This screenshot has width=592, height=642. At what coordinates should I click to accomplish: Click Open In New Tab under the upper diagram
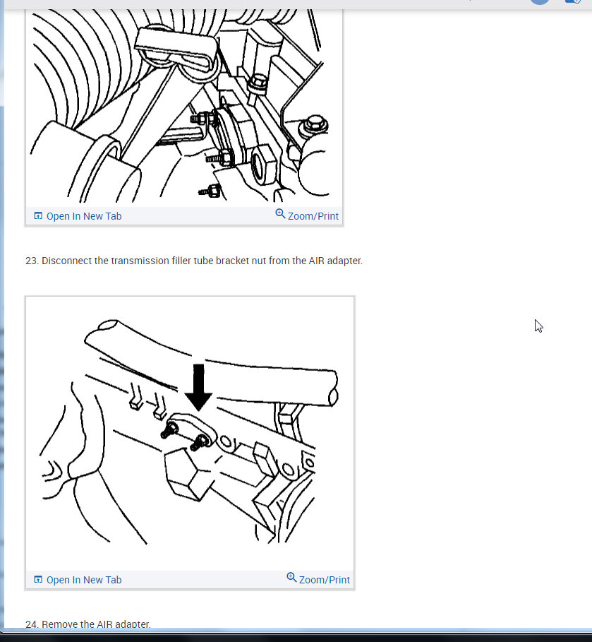pyautogui.click(x=83, y=216)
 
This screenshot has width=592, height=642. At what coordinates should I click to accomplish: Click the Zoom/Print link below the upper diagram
pyautogui.click(x=313, y=216)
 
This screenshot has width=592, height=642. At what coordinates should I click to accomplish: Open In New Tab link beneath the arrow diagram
pyautogui.click(x=83, y=580)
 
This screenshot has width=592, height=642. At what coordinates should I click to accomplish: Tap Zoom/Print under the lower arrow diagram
pyautogui.click(x=324, y=580)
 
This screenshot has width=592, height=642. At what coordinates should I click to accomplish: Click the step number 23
pyautogui.click(x=31, y=261)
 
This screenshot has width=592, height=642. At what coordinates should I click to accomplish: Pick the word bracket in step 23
pyautogui.click(x=235, y=261)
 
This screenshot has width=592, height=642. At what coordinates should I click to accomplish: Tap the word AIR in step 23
pyautogui.click(x=317, y=261)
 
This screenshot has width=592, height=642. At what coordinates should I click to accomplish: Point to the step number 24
pyautogui.click(x=31, y=624)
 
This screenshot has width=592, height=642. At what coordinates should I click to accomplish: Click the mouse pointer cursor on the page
pyautogui.click(x=538, y=326)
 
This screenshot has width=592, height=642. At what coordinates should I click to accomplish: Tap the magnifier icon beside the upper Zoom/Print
pyautogui.click(x=280, y=214)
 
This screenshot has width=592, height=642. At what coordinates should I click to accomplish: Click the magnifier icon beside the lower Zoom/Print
pyautogui.click(x=291, y=578)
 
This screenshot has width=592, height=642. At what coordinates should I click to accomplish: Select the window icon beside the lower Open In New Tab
pyautogui.click(x=38, y=580)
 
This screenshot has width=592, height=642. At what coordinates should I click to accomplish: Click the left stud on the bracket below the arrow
pyautogui.click(x=169, y=430)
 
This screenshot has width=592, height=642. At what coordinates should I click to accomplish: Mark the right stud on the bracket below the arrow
pyautogui.click(x=198, y=443)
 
